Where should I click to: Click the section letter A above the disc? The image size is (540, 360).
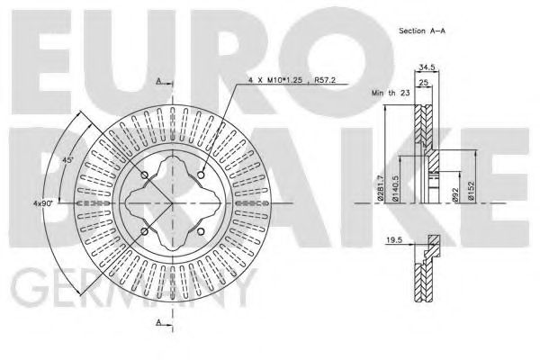point(158,81)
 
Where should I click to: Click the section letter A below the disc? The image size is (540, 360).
point(158,321)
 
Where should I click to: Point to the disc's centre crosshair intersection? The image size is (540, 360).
point(172,203)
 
